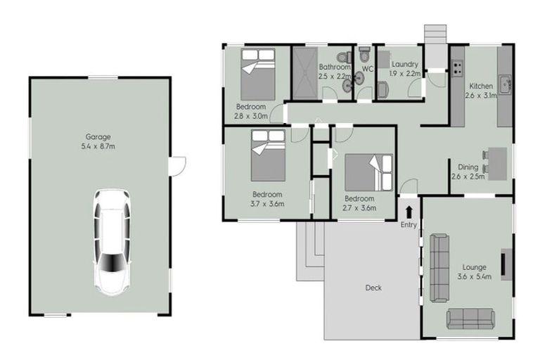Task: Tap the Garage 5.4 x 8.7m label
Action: [x=98, y=141]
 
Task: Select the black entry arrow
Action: [x=409, y=211]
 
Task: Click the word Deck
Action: [x=373, y=288]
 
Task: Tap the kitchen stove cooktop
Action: [x=457, y=69]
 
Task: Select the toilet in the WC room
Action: [x=364, y=57]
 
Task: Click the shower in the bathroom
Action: [x=305, y=73]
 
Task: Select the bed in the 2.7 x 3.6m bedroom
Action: [x=368, y=172]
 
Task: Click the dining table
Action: [x=497, y=163]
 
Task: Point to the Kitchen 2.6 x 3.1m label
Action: [x=481, y=90]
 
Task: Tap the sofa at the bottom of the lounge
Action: [x=472, y=319]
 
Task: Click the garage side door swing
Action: [x=180, y=165]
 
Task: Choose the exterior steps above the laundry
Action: [x=435, y=34]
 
